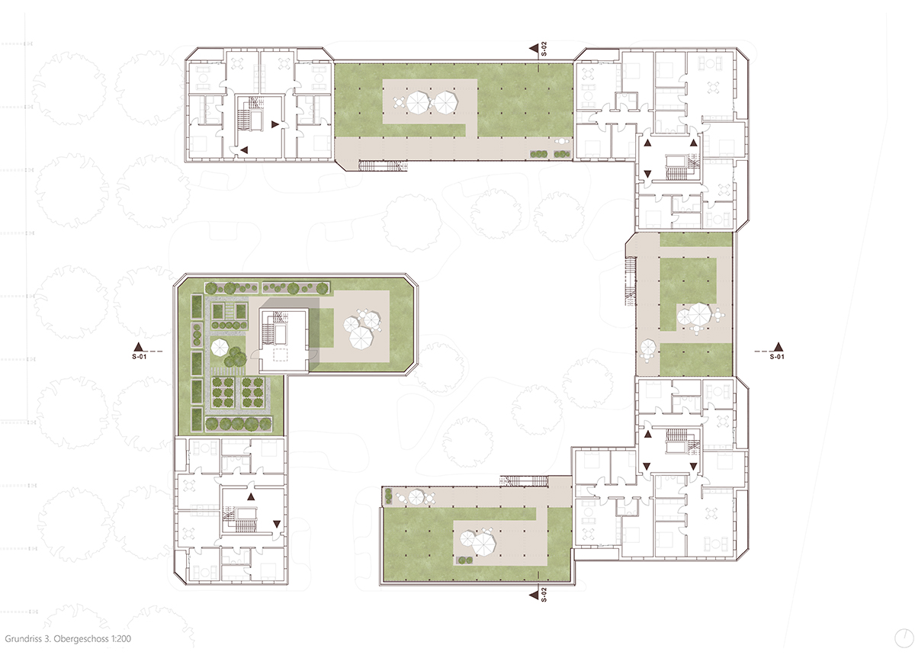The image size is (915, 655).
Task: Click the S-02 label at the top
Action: (543, 49)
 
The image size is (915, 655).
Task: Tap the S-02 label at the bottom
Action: (543, 595)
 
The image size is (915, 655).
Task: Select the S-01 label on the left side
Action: (140, 356)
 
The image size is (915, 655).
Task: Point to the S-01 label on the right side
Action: (777, 356)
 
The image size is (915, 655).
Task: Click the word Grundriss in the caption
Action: (21, 639)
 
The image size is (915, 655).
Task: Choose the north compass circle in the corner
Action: (904, 638)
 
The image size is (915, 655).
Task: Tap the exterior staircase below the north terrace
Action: (383, 165)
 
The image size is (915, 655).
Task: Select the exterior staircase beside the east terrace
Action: (631, 281)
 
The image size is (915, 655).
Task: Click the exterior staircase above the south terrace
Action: (524, 480)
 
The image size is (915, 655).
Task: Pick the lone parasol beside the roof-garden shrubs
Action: (220, 348)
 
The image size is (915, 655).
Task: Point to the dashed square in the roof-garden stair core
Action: (281, 355)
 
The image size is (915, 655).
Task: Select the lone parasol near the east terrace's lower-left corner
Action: (647, 348)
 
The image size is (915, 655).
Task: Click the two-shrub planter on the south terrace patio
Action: (462, 560)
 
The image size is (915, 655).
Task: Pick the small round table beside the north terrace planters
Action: (563, 141)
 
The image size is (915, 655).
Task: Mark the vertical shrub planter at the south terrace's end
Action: (387, 496)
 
